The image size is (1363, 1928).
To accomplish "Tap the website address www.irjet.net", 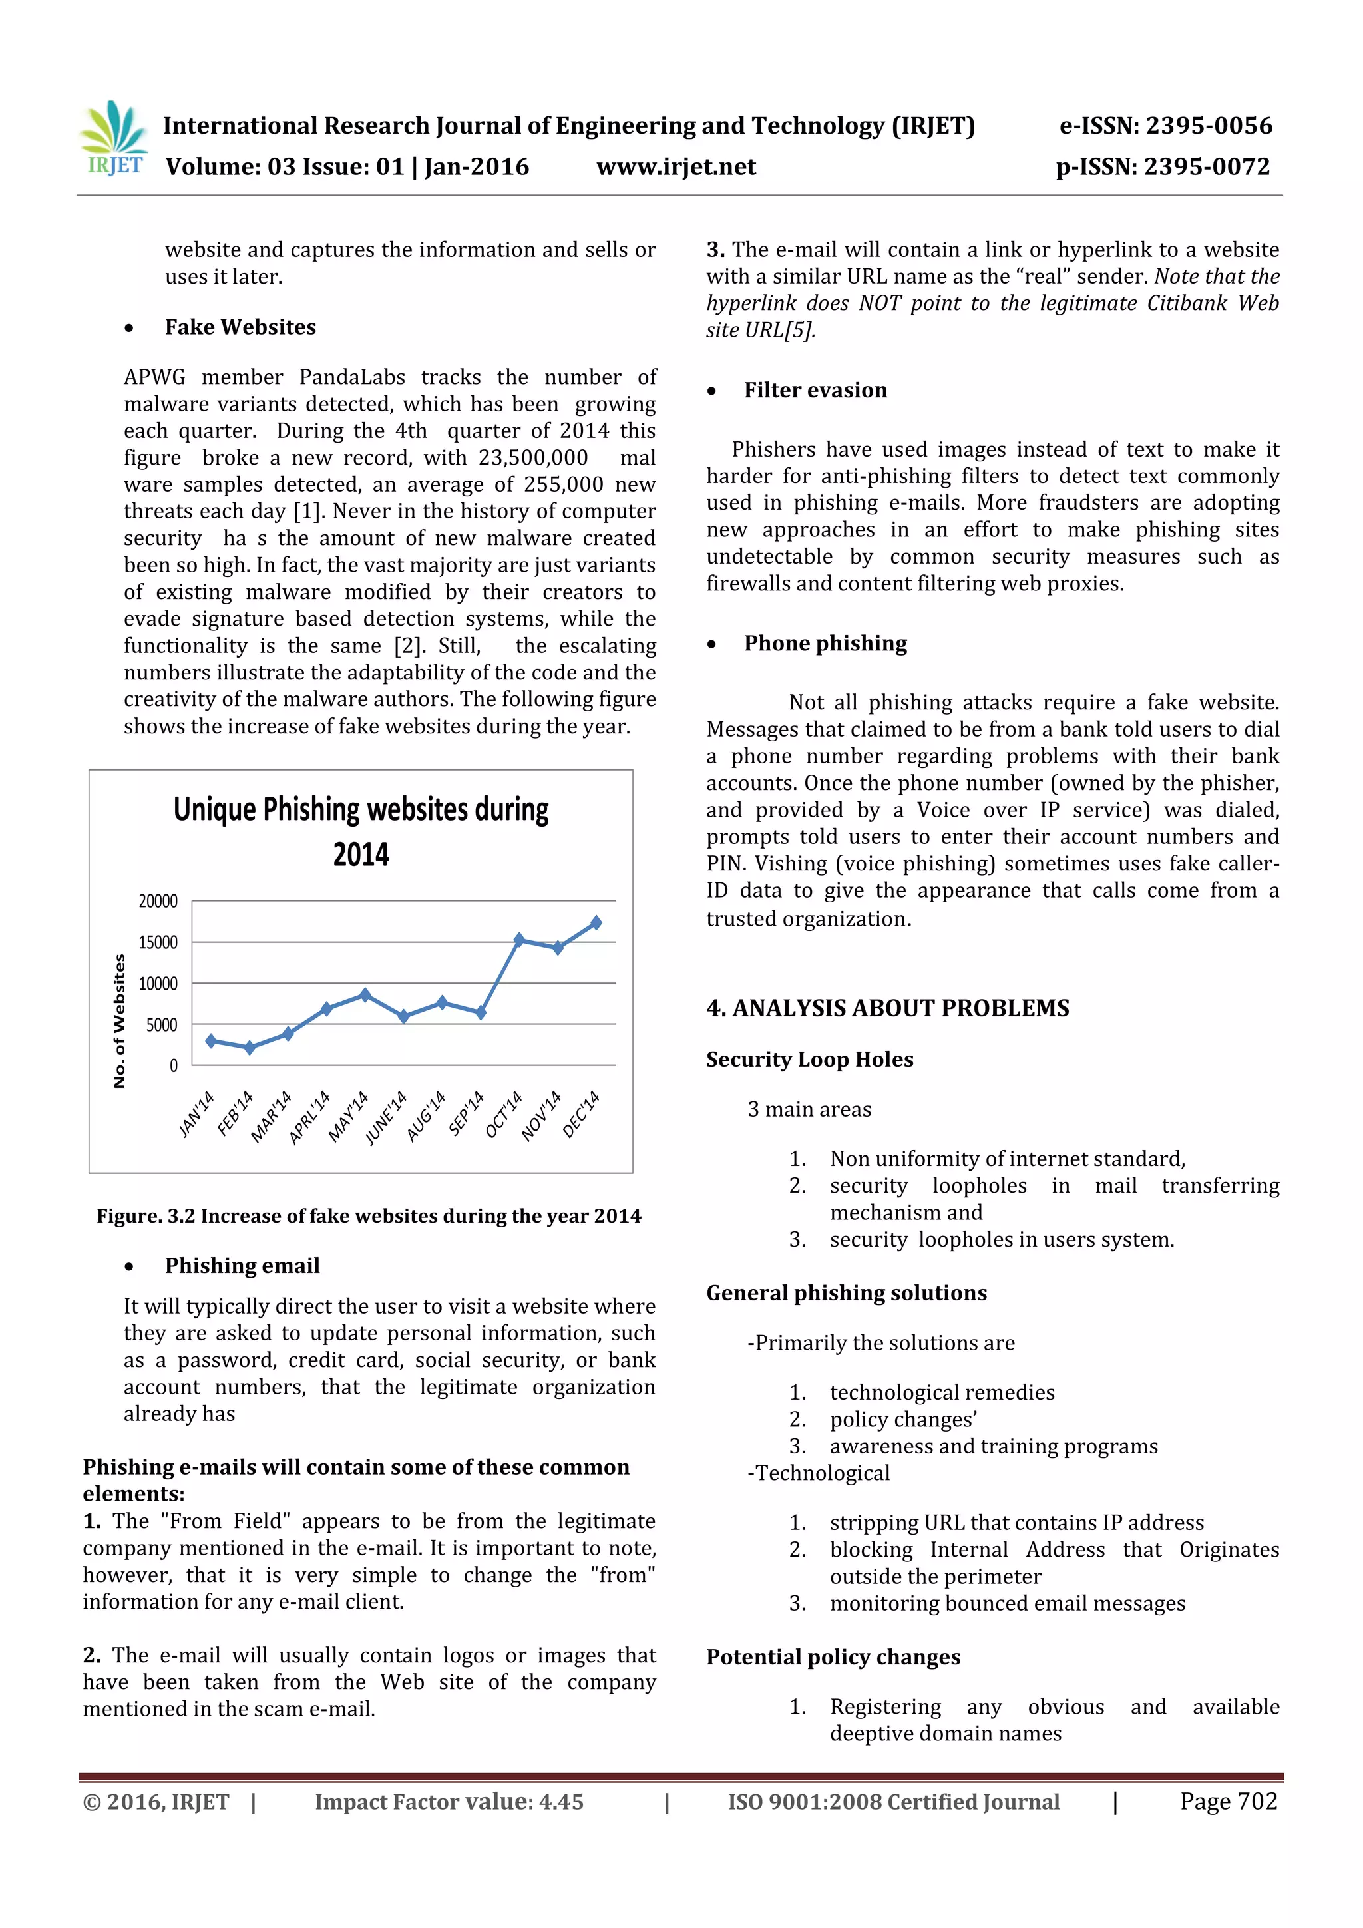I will (x=676, y=167).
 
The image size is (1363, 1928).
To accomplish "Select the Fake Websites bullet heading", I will (x=240, y=327).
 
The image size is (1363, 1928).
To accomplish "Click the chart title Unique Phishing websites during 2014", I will (x=361, y=831).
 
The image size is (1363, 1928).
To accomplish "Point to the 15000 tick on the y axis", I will (x=158, y=942).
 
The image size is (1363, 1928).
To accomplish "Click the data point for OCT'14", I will (x=519, y=940).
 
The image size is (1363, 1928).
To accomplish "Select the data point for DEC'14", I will (x=596, y=923).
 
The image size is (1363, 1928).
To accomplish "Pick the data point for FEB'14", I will (x=250, y=1047).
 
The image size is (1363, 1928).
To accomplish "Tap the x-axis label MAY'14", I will (x=349, y=1116).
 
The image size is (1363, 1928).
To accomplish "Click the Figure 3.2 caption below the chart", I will (x=369, y=1216).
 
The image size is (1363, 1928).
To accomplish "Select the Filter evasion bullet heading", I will (x=815, y=391).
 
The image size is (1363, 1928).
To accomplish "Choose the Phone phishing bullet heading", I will (x=825, y=644).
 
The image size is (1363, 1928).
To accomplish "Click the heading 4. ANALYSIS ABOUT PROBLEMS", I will (x=888, y=1008).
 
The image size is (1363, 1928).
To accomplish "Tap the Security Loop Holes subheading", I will (x=809, y=1060).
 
